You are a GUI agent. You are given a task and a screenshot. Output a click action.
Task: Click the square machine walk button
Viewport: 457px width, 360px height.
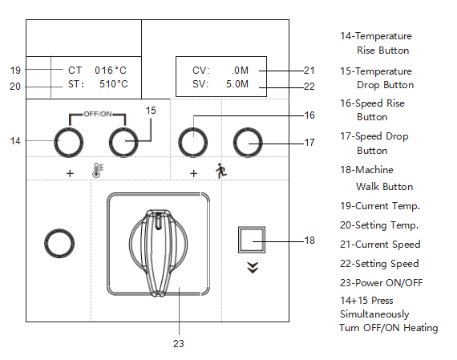tap(252, 240)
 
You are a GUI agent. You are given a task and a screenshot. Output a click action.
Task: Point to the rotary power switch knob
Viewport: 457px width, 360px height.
tap(158, 253)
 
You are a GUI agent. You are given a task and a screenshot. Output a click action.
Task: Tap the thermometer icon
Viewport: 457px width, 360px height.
tap(98, 171)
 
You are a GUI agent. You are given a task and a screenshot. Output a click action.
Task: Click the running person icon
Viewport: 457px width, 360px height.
tap(221, 171)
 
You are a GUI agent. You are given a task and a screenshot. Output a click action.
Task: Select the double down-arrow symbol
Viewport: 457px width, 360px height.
tap(253, 268)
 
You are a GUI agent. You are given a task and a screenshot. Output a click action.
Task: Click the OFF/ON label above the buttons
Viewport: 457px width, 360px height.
tap(98, 114)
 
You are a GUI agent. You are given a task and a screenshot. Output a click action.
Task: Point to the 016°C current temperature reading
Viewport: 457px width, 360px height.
tap(111, 71)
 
